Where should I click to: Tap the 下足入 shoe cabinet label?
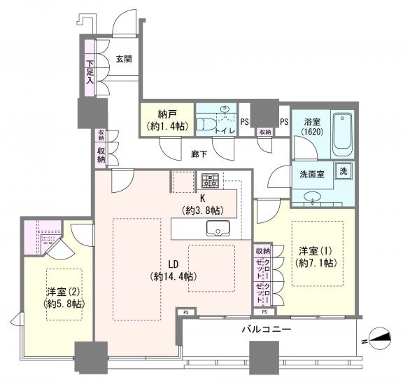(90, 72)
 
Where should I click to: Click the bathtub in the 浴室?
(343, 133)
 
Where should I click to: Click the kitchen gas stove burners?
(211, 180)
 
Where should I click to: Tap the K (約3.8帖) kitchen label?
(203, 204)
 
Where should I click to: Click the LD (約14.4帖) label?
(171, 270)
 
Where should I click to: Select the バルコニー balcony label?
(267, 328)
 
